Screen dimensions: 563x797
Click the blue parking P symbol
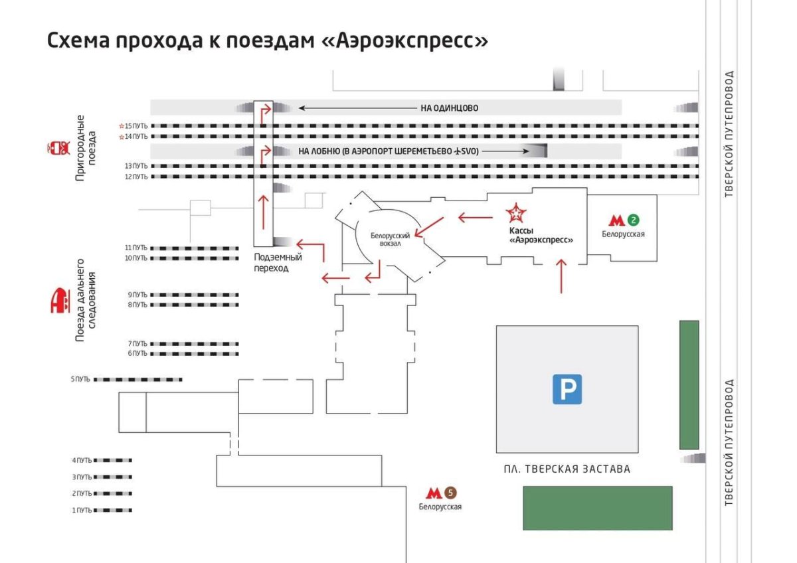click(567, 389)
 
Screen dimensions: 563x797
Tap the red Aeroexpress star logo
click(516, 214)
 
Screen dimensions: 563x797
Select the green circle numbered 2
click(634, 220)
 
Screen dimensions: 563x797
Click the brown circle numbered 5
click(451, 493)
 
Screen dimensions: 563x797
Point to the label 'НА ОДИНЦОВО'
click(449, 108)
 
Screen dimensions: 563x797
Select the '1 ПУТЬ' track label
click(82, 510)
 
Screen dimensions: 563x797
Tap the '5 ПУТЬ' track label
click(80, 380)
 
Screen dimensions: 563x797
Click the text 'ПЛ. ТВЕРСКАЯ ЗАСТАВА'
click(567, 469)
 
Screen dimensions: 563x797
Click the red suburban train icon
click(58, 147)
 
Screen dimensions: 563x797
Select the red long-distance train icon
click(59, 301)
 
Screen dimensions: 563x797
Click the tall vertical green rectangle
click(689, 385)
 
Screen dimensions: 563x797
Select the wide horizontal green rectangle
click(597, 508)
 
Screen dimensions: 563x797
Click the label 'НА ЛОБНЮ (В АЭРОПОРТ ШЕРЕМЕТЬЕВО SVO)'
click(389, 151)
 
